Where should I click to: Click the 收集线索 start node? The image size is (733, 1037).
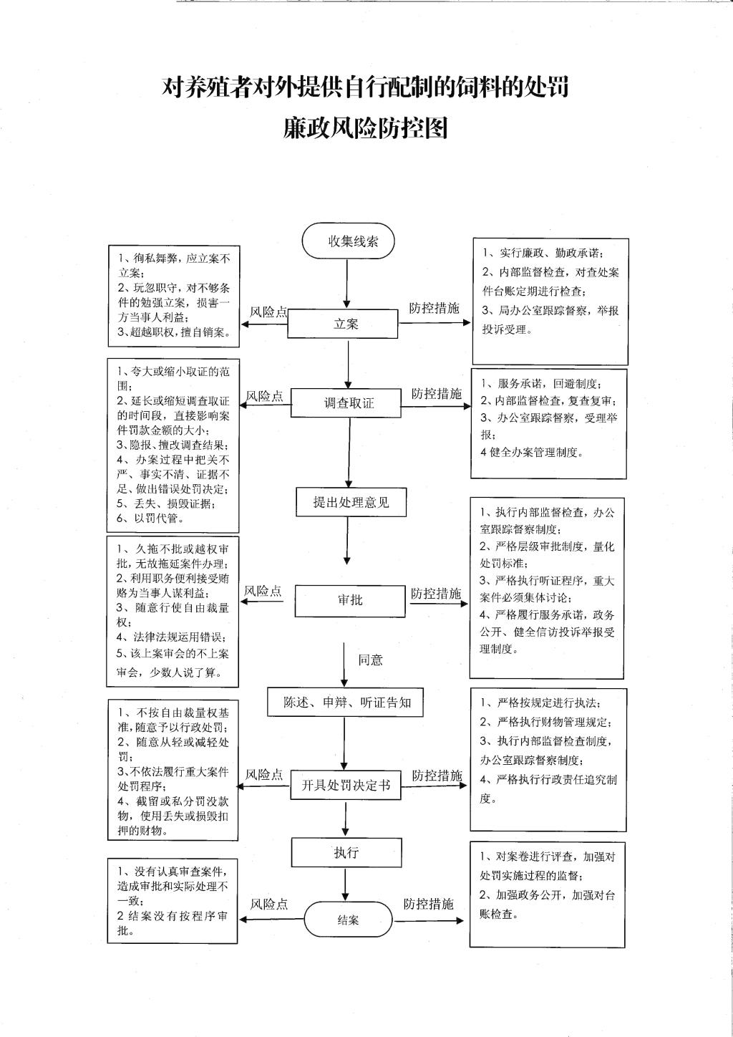coord(348,241)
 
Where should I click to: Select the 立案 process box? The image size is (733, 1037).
coord(342,324)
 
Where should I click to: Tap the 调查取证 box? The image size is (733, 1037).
coord(346,402)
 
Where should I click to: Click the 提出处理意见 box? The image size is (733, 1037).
coord(351,502)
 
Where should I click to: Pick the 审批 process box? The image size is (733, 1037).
coord(350,601)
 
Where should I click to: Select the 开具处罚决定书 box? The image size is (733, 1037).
coord(345,785)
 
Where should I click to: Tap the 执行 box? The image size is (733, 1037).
coord(346,853)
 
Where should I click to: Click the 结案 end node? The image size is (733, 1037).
coord(348,920)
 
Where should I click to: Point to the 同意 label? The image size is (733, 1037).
coord(370,660)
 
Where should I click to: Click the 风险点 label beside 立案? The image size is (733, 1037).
coord(268,312)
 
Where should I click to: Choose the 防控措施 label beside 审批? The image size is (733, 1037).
coord(436,594)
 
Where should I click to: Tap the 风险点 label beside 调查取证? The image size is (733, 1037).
coord(264,396)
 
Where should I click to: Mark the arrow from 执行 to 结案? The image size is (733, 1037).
coord(345,884)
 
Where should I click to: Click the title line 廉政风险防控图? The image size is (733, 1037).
coord(366,129)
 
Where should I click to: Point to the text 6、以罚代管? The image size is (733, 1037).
coord(150,518)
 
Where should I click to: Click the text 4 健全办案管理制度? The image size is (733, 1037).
coord(532,453)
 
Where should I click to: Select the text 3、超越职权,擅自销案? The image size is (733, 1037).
coord(174,332)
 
